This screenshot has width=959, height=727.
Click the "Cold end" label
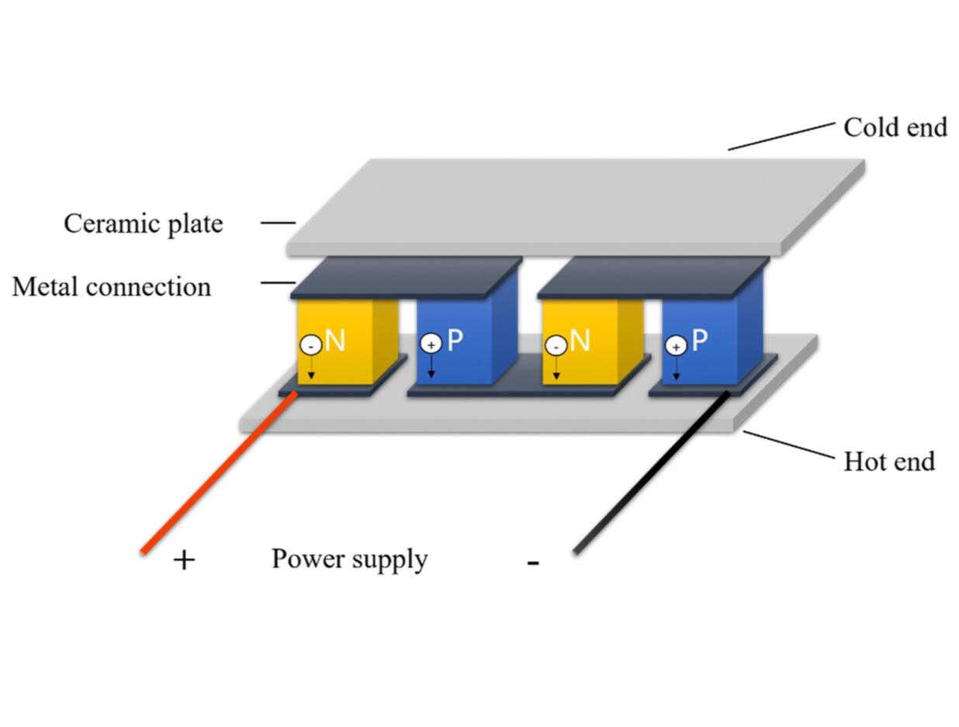pos(895,127)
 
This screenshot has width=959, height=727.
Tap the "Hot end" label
pos(888,462)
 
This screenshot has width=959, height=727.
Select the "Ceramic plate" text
pos(143,223)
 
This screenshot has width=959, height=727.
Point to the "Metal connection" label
pos(111,287)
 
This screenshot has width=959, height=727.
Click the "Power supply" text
pos(349,559)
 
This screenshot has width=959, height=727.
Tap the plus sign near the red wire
pos(184,560)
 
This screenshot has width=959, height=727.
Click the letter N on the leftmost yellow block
pos(335,341)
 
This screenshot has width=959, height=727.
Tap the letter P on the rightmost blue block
pos(700,341)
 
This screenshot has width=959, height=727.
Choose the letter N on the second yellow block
pos(580,341)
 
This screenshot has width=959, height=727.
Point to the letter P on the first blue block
pos(455,341)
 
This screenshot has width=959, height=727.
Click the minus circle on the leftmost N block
pos(310,344)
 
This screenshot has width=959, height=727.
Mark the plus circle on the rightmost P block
pos(676,346)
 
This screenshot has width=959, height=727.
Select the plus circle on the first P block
pos(431,344)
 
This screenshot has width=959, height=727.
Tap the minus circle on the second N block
pos(555,344)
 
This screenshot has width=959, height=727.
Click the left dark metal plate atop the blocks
pos(407,276)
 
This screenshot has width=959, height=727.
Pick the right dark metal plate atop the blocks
pos(652,276)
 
